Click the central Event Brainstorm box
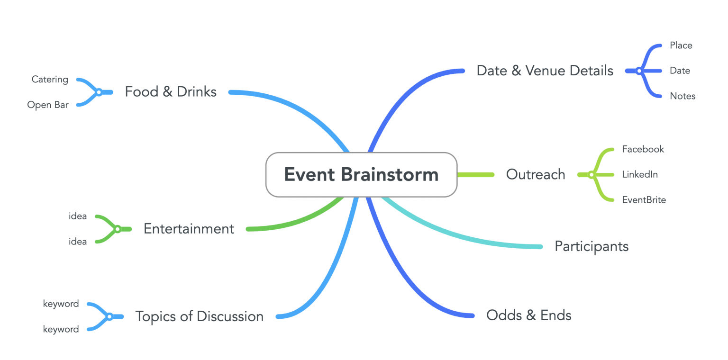pos(361,174)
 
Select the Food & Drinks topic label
pos(171,91)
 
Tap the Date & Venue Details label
pos(545,71)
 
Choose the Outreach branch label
pos(536,174)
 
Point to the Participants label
pos(591,246)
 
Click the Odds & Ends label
pos(528,315)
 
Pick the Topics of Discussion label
pos(199,316)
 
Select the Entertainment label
pos(189,229)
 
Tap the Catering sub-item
pos(50,80)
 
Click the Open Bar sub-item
pos(48,105)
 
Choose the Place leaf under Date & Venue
pos(681,45)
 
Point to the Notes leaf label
pos(682,96)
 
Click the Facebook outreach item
pos(643,149)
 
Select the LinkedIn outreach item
pos(640,174)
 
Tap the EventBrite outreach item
pos(644,200)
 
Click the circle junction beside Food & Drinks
pos(99,92)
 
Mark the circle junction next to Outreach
pos(591,175)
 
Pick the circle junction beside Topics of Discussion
pos(109,316)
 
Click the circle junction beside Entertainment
pos(117,229)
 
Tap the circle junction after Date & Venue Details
pos(639,71)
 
